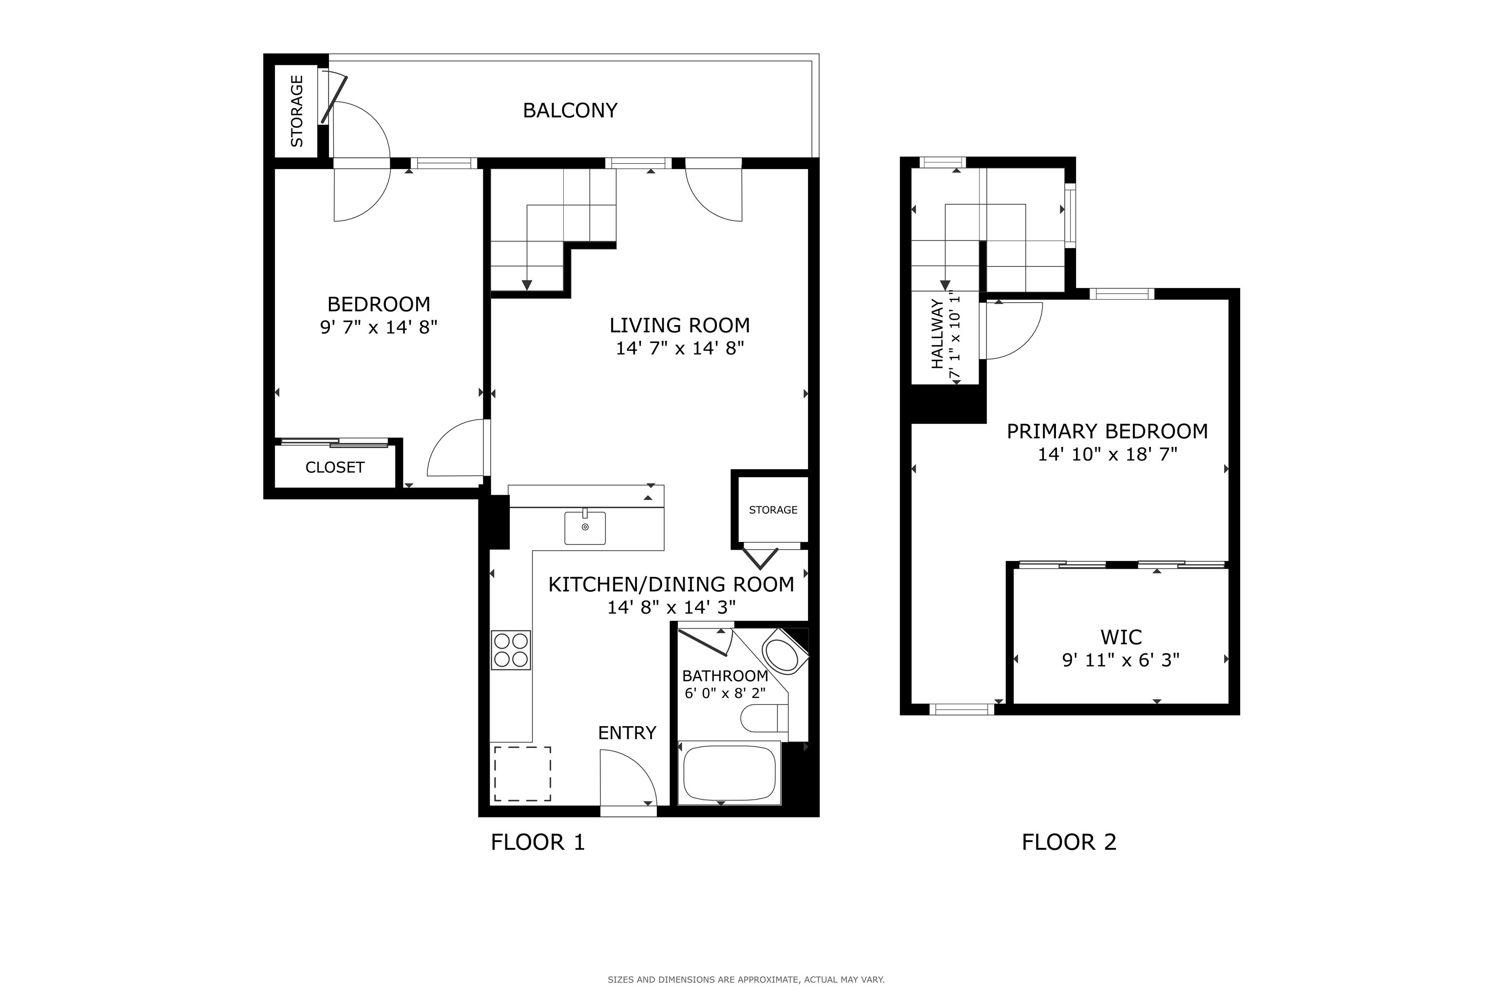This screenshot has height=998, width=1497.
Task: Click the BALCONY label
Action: pos(570,111)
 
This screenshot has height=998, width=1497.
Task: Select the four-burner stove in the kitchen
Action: pos(511,650)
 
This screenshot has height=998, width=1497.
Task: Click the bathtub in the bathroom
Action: pos(729,773)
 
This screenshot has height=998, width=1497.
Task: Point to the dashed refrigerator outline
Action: pos(522,774)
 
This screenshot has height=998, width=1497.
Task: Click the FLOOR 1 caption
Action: pos(538,843)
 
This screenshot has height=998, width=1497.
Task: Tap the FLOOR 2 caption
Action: pos(1069,843)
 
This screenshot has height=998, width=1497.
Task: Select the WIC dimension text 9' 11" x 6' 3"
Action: pos(1121,661)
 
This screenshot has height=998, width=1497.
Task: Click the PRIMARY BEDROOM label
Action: pos(1108,432)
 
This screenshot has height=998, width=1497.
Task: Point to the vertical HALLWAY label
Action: pos(937,334)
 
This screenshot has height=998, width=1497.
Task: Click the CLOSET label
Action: pos(335,468)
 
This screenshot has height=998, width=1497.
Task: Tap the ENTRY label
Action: pos(627,733)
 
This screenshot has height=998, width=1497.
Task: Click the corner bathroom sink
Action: pos(784,651)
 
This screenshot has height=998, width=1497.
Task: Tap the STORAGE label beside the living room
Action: pos(773,510)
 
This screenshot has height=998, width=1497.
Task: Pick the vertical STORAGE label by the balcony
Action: pos(297,112)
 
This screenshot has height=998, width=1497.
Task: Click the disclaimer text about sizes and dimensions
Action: pos(746,979)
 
